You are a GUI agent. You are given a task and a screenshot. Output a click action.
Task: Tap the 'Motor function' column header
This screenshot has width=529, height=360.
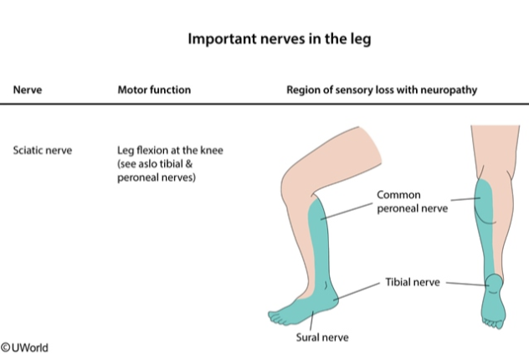[154, 90]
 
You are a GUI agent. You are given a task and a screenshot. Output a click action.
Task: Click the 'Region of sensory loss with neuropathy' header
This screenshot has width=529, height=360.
[382, 90]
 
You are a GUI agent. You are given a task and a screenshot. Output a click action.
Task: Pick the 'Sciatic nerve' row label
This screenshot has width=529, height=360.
[43, 151]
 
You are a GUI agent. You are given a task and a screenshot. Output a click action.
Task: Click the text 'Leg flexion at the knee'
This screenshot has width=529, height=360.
[170, 151]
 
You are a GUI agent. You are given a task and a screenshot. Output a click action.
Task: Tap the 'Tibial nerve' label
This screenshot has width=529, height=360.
[413, 282]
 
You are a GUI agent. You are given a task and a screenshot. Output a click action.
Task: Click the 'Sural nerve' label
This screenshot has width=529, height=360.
[321, 337]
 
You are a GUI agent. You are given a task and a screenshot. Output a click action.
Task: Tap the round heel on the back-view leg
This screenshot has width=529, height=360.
[493, 281]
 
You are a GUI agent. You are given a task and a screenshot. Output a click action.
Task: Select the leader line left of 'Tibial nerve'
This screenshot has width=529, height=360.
[361, 290]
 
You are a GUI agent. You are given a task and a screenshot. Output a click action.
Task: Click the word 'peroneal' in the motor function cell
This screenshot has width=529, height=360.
[136, 177]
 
